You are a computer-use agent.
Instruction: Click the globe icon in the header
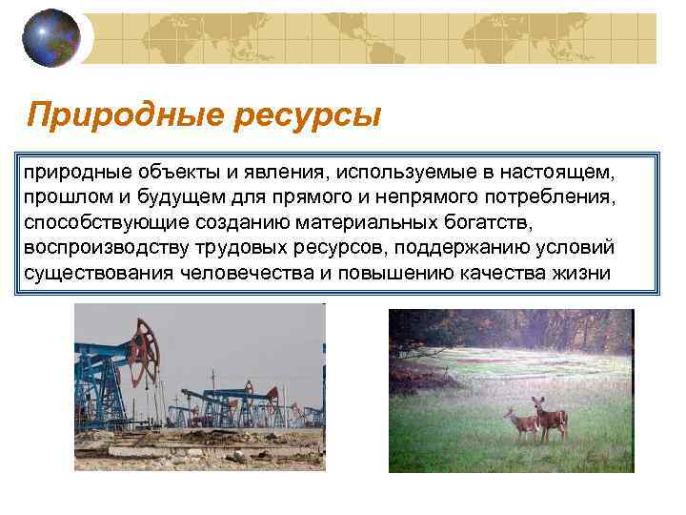pos(53,37)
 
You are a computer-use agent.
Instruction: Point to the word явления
pos(263,174)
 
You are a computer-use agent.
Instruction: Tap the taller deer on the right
pos(551,420)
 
